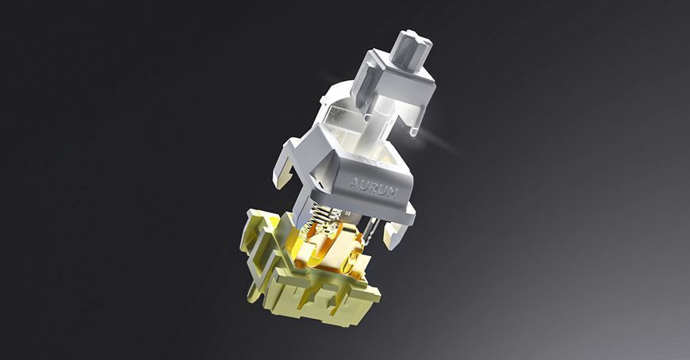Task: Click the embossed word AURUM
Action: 374,188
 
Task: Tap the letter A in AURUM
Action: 354,182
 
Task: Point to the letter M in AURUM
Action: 393,193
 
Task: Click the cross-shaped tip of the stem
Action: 411,49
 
